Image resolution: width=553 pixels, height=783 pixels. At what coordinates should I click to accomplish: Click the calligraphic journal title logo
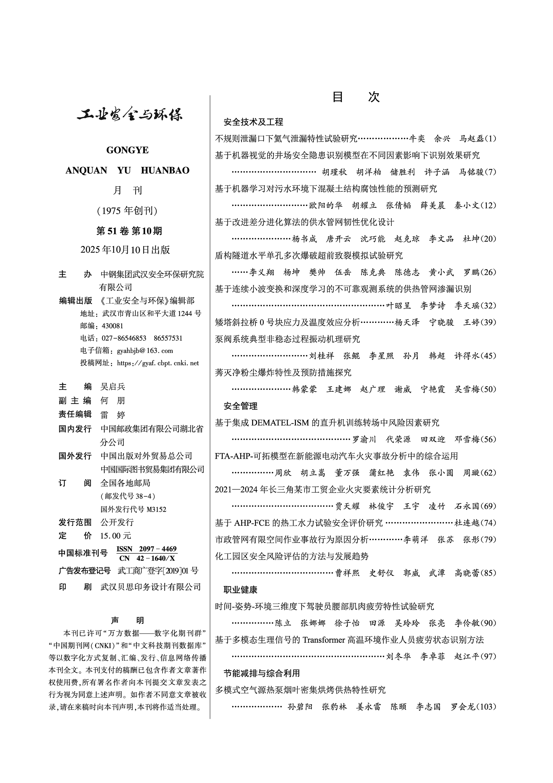click(x=130, y=115)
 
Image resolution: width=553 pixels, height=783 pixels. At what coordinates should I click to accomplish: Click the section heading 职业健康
click(x=241, y=590)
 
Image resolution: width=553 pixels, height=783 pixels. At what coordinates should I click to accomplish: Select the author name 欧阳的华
click(x=326, y=205)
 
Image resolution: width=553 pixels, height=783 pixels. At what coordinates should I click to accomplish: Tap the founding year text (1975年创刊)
click(x=127, y=211)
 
